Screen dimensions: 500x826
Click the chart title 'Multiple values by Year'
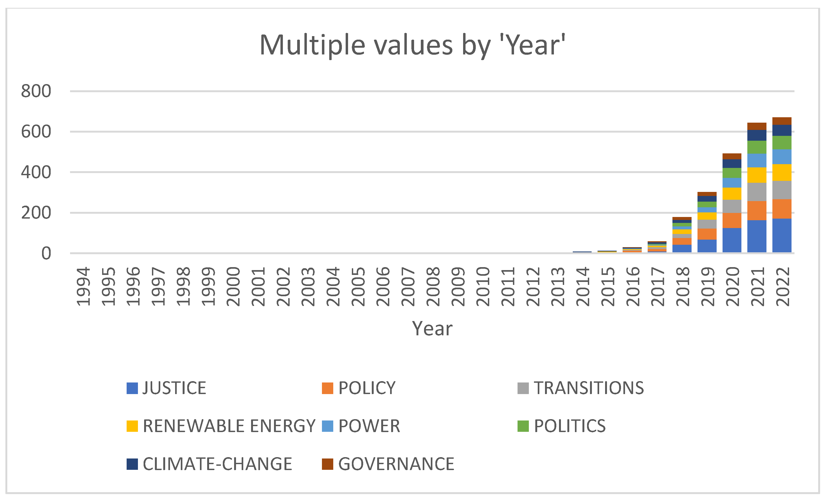click(413, 45)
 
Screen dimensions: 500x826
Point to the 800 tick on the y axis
click(36, 91)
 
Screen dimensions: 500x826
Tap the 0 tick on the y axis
click(46, 254)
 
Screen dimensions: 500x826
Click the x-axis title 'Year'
click(432, 329)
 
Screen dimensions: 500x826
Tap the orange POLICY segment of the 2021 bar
click(756, 211)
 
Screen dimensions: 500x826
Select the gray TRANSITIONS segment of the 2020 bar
click(732, 206)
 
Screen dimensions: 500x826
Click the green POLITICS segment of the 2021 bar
click(756, 147)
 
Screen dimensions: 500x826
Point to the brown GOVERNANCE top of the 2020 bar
click(732, 156)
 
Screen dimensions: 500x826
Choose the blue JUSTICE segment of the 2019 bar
click(707, 246)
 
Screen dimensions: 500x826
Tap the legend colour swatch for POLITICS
click(523, 426)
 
